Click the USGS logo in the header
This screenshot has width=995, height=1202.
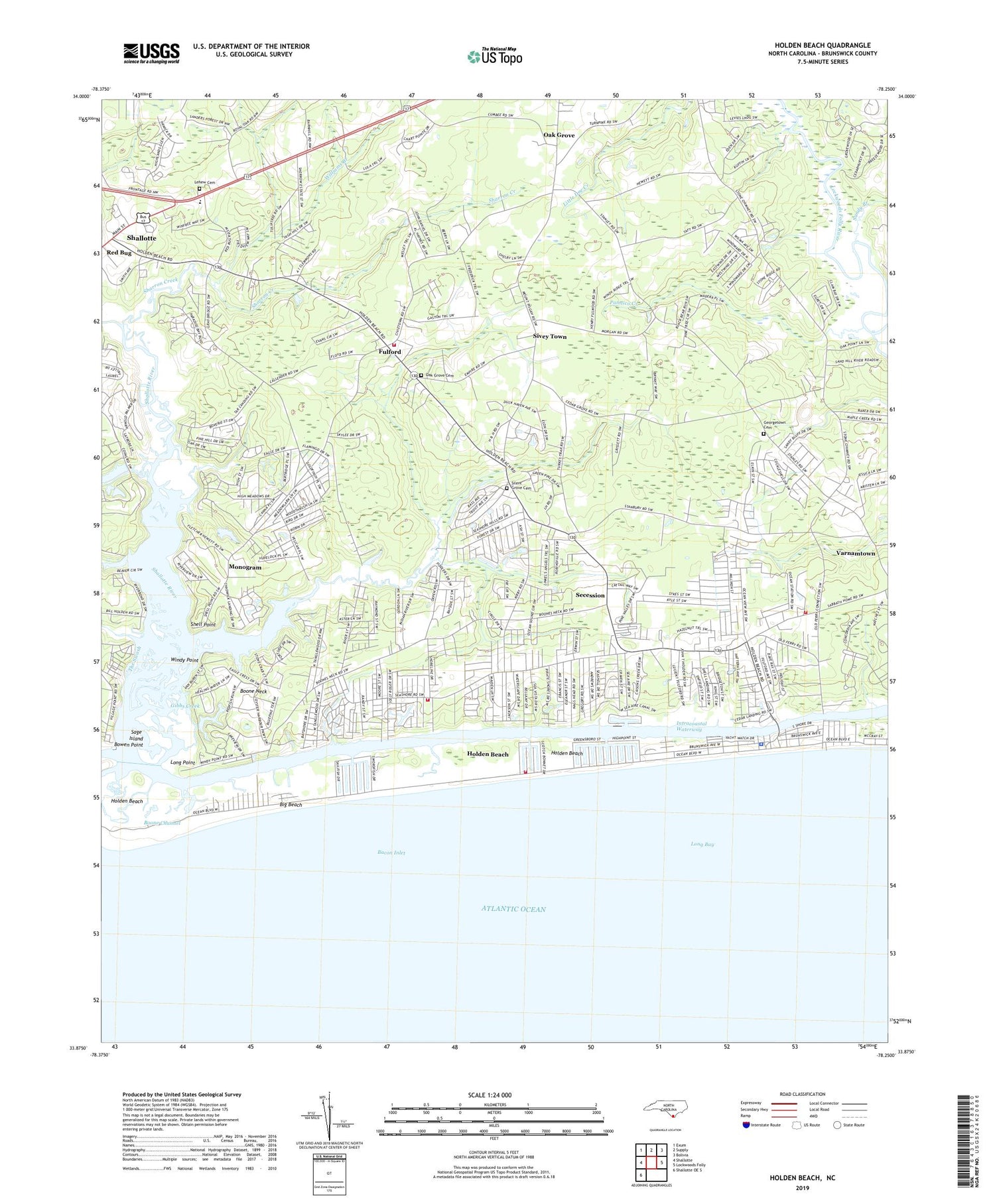pos(151,53)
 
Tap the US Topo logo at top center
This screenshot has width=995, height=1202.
pos(495,56)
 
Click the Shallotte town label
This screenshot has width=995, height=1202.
pos(141,238)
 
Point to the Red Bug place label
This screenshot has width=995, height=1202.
pos(119,253)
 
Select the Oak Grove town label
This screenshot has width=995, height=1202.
pos(559,135)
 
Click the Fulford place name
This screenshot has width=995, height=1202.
pos(390,352)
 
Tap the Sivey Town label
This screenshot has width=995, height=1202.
pos(550,337)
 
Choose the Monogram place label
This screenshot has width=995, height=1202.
pos(245,568)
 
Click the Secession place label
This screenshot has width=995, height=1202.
pos(590,595)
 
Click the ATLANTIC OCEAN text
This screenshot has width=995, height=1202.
pos(513,909)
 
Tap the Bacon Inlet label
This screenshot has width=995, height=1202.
pos(391,853)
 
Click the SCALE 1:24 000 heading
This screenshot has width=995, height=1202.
pos(490,1095)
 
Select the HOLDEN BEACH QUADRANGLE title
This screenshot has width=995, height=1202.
pos(823,45)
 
